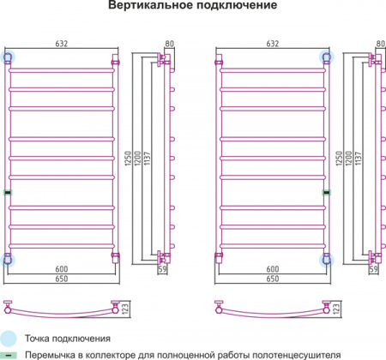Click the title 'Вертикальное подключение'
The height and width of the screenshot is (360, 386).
coord(192,5)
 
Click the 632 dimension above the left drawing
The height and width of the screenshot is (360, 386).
coord(62,44)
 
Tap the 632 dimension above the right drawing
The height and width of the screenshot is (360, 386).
coord(273,44)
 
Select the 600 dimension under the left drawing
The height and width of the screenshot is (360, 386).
coord(62,269)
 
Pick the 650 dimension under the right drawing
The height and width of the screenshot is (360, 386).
coord(273,279)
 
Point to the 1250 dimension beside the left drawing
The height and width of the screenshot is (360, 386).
coord(128,159)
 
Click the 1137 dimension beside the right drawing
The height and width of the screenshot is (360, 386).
coord(358,159)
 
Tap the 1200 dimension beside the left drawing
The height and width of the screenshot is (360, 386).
coord(137,159)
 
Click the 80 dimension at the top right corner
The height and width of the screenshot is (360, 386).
coord(381,44)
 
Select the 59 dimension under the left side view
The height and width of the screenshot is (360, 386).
coord(162,269)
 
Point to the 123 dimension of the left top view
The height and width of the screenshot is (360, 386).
coord(125,309)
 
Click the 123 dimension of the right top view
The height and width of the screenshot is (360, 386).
coord(336,309)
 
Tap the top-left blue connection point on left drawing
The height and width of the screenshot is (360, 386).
coord(8,57)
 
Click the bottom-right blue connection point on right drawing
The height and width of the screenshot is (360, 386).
coord(326,260)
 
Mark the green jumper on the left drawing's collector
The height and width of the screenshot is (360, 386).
coord(8,193)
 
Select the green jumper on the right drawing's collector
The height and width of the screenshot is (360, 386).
coord(327,193)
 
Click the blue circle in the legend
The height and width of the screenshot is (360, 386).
coord(9,339)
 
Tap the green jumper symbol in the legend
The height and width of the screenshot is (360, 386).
coord(9,356)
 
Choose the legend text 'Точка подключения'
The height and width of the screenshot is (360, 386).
coord(68,339)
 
